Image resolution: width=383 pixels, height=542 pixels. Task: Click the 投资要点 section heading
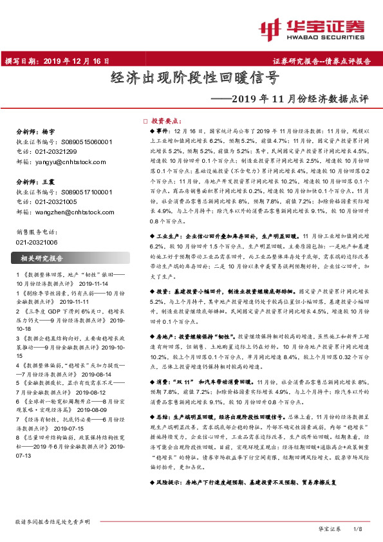(x=166, y=120)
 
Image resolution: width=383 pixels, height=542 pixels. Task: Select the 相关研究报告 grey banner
(x=71, y=258)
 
